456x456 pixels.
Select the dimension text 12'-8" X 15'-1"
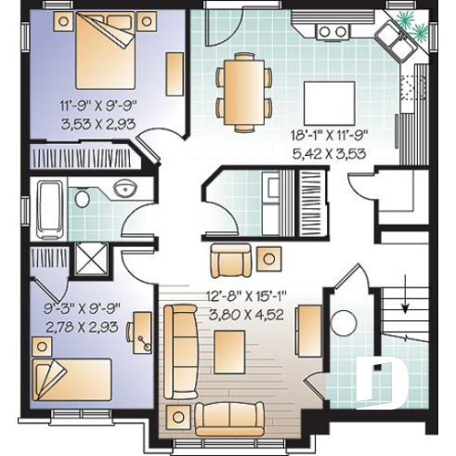[x=245, y=297]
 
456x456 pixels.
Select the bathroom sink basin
[x=124, y=190]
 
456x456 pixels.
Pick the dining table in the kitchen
[x=244, y=90]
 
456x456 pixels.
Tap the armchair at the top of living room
[x=228, y=261]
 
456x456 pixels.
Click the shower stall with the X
[x=90, y=258]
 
